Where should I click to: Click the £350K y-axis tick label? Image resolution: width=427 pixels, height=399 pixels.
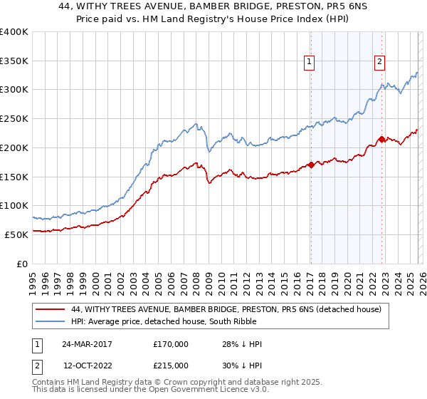[14, 61]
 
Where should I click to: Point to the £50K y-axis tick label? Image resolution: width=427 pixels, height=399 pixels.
[16, 234]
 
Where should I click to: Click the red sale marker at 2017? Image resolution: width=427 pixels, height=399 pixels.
[311, 165]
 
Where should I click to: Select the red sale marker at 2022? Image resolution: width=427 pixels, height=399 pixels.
[381, 139]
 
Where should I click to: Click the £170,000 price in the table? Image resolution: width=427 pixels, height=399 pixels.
[171, 344]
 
